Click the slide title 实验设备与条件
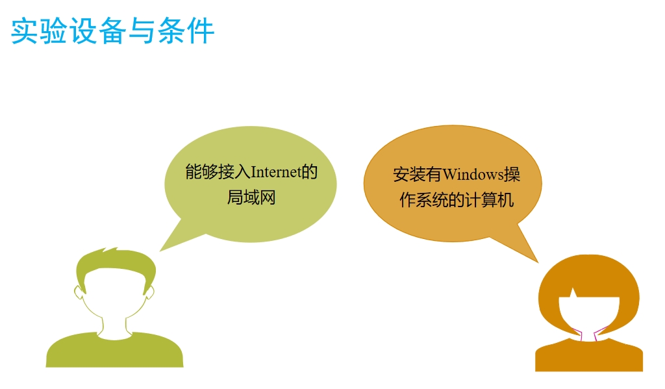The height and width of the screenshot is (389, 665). pos(112,31)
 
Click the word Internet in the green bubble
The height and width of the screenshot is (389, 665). pos(275,172)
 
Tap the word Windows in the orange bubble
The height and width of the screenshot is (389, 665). pos(473,174)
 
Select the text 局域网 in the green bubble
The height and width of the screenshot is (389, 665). pos(251,197)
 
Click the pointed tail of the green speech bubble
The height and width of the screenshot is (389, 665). pos(160,251)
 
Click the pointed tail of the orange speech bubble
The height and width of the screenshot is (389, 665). pos(538,262)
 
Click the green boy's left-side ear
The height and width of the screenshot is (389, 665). pos(78,292)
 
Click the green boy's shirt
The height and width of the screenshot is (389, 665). pos(114,351)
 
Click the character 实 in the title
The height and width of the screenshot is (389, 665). pos(25,31)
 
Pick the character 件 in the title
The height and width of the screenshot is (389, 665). pos(201,31)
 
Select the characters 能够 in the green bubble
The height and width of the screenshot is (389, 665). pos(201,172)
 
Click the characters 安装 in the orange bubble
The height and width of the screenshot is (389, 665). pos(409,174)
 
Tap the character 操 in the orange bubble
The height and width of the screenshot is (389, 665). pos(512,174)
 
